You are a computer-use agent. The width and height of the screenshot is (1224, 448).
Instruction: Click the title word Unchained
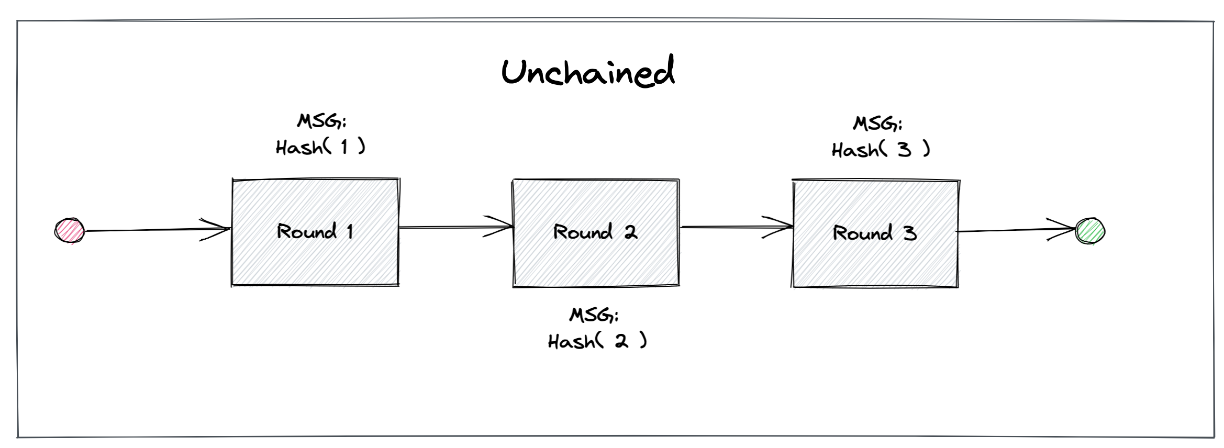[x=588, y=72]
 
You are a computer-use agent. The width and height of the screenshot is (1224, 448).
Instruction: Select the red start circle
[x=70, y=231]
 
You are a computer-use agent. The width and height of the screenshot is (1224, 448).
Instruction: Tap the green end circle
[x=1090, y=231]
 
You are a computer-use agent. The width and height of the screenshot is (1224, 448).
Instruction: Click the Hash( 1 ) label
[x=320, y=147]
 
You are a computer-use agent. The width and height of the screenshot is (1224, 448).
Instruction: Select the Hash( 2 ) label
[x=597, y=341]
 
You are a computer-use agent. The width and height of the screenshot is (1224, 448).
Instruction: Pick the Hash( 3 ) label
[x=881, y=150]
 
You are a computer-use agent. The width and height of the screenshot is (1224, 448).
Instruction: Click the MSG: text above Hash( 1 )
[x=321, y=121]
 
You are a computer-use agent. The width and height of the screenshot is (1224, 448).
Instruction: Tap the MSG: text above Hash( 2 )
[x=594, y=315]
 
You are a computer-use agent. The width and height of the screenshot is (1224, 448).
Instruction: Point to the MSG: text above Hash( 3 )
[x=877, y=124]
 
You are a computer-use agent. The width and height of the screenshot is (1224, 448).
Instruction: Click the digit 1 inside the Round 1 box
[x=350, y=231]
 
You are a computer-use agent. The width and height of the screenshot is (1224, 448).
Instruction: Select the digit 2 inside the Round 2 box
[x=631, y=232]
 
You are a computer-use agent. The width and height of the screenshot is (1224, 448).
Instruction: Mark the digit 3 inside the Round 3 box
[x=910, y=233]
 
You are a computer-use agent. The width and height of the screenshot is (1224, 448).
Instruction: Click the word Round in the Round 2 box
[x=582, y=232]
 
